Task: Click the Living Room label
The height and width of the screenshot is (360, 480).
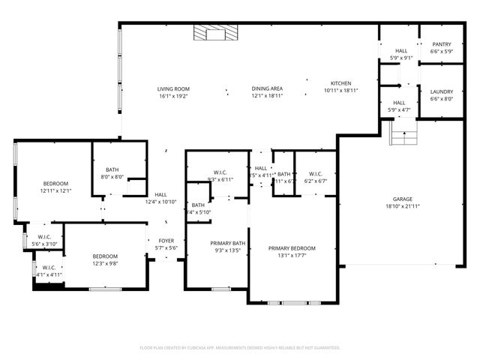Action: tap(173, 88)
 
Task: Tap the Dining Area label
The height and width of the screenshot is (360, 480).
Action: tap(266, 88)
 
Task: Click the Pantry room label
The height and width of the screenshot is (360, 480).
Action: tap(441, 44)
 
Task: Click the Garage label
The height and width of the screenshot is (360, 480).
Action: tap(403, 199)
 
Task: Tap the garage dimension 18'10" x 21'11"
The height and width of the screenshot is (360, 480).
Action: tap(403, 205)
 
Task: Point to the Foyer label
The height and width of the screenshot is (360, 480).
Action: tap(166, 241)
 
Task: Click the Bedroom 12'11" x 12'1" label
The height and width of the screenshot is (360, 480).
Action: tap(55, 184)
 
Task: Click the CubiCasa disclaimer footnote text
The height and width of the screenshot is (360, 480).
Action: tap(240, 347)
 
